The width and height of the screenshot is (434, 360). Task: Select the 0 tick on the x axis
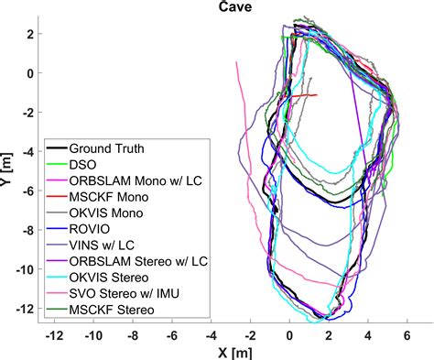pyautogui.click(x=290, y=335)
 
